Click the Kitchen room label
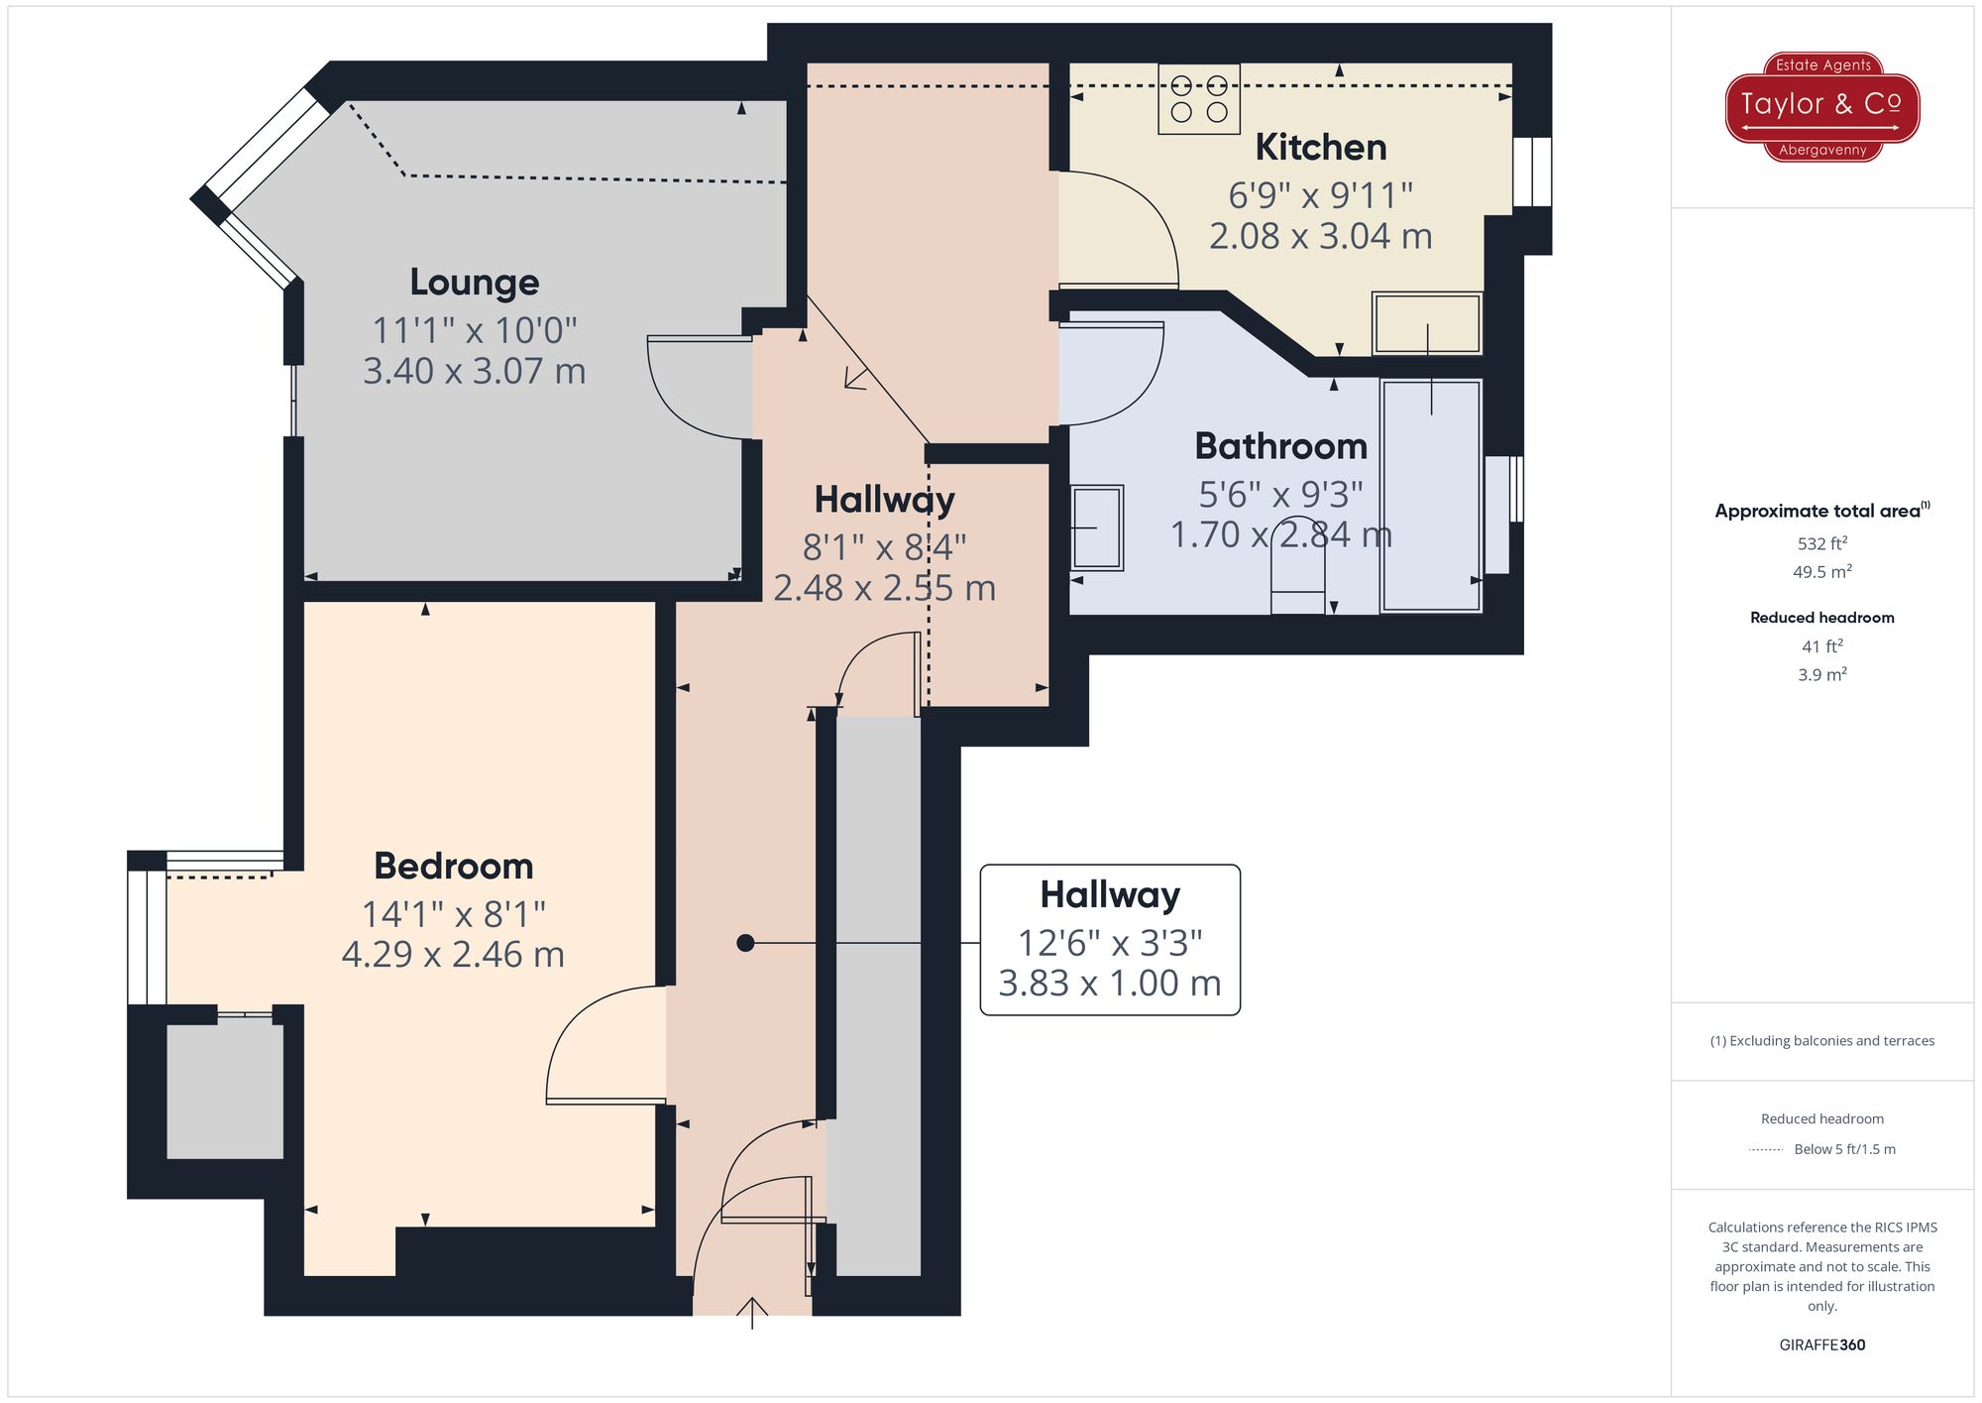tap(1320, 147)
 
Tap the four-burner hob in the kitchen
tap(1199, 99)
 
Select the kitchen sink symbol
tap(1427, 323)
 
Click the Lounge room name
tap(475, 283)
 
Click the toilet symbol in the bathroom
tap(1298, 570)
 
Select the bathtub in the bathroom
tap(1431, 496)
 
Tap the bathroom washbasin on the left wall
tap(1097, 527)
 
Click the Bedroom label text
tap(454, 867)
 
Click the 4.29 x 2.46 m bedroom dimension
tap(453, 954)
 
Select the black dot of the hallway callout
tap(745, 943)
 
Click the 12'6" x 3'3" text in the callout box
tap(1110, 942)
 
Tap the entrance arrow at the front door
tap(752, 1311)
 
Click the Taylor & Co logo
tap(1821, 106)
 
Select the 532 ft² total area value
tap(1821, 543)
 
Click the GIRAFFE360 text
tap(1821, 1345)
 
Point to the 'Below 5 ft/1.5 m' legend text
tap(1844, 1149)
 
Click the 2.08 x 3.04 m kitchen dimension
tap(1320, 236)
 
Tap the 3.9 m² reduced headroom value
tap(1821, 674)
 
